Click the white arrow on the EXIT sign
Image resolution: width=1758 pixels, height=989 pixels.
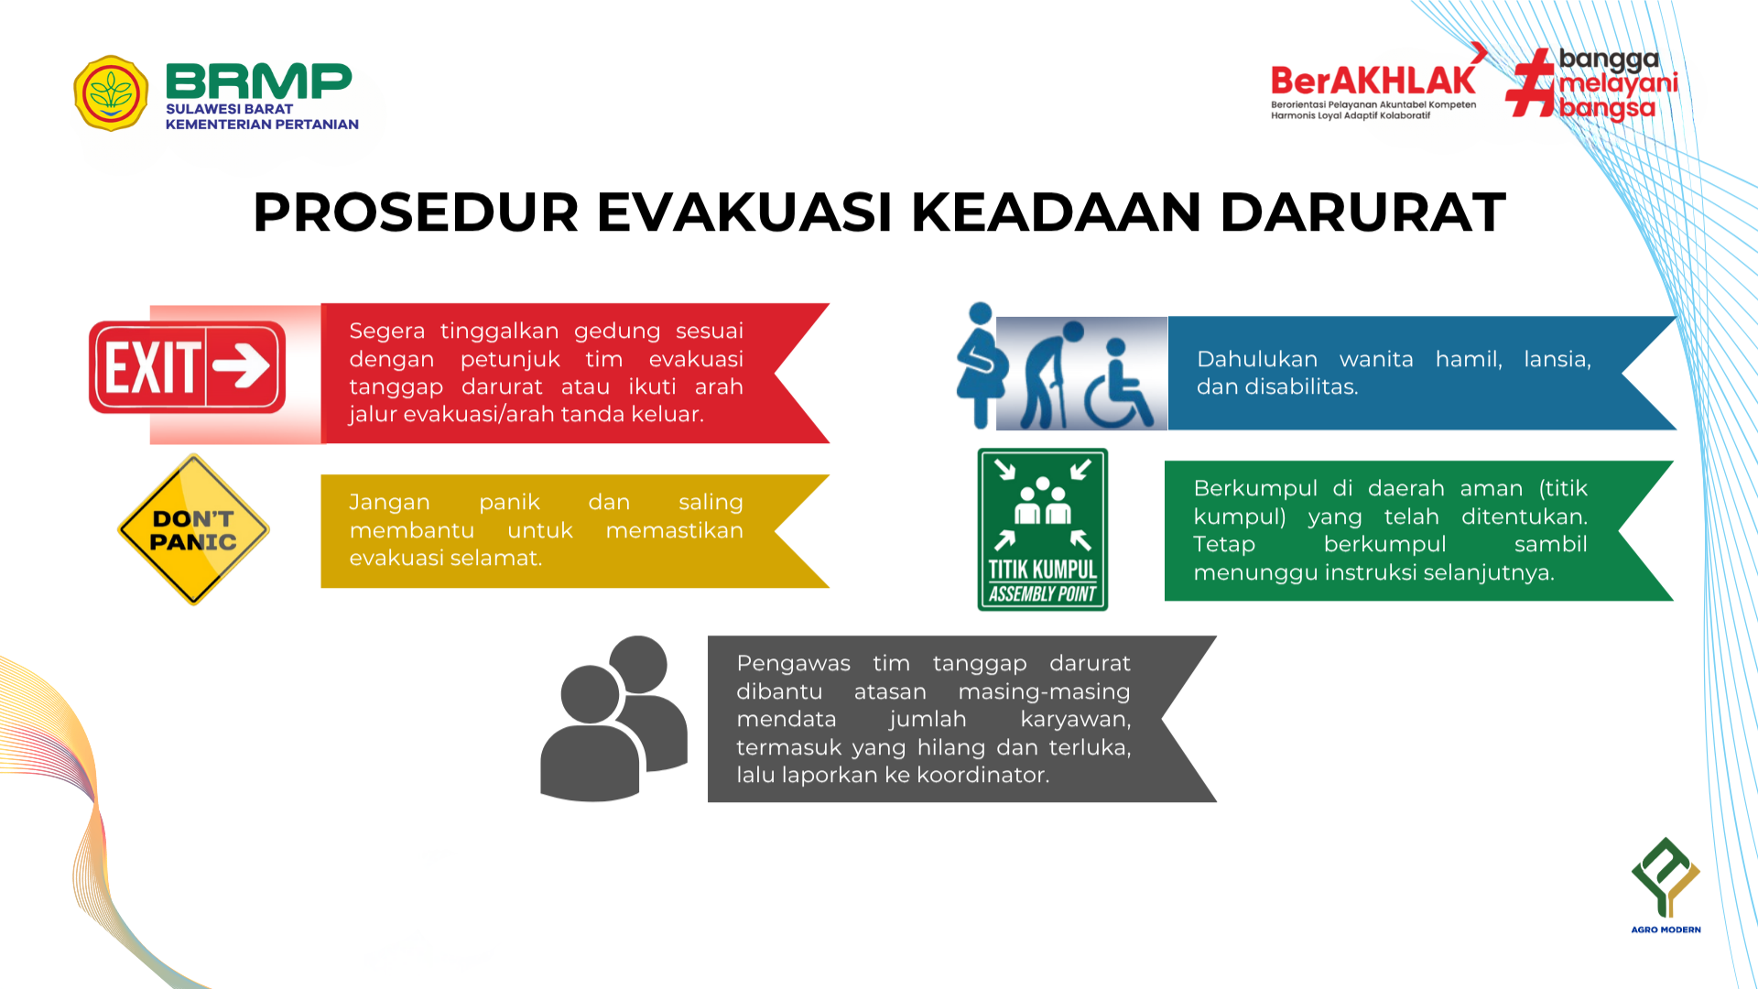[242, 366]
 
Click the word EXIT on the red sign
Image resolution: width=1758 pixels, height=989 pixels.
[153, 367]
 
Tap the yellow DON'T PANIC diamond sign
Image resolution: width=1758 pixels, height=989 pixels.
[193, 530]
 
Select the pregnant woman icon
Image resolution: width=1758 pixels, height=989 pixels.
[981, 365]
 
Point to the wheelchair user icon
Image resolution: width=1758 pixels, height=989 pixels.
[1119, 384]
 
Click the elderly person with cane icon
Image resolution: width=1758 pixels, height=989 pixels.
[1052, 375]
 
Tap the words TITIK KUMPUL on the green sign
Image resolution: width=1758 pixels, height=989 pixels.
[1042, 570]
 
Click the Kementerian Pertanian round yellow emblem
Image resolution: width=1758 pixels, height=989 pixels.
[111, 93]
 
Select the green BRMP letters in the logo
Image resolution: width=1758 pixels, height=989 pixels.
[259, 82]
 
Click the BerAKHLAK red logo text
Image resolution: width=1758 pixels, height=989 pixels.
[1373, 82]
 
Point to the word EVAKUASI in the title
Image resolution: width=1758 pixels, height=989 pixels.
[744, 212]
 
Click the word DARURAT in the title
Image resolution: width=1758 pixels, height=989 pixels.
[1362, 212]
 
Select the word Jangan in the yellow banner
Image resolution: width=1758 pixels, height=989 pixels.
[389, 503]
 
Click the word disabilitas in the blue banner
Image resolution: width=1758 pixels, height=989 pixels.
[1300, 386]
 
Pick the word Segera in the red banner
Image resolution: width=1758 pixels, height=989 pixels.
[387, 331]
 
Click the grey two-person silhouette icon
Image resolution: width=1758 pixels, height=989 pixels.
[613, 719]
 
